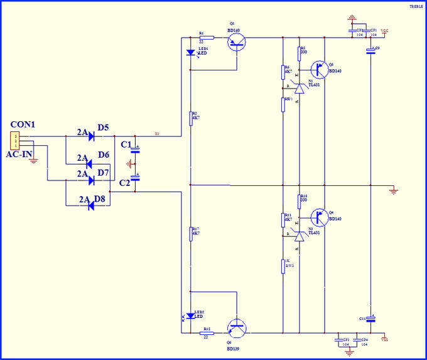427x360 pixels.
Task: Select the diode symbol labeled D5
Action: click(x=92, y=135)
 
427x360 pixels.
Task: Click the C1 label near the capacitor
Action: click(x=126, y=146)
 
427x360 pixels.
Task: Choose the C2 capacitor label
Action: click(x=126, y=183)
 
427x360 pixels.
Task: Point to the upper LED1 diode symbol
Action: click(x=190, y=53)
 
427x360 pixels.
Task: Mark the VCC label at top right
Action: click(x=384, y=31)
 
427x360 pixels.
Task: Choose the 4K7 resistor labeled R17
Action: click(x=191, y=234)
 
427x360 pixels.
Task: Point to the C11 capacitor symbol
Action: click(x=370, y=320)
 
